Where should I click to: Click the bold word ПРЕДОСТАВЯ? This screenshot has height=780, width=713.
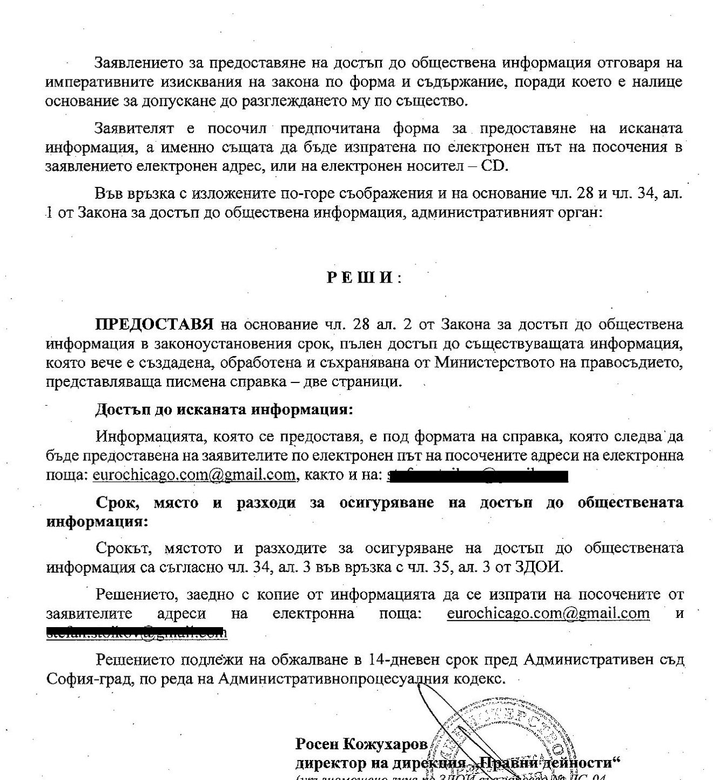pyautogui.click(x=154, y=325)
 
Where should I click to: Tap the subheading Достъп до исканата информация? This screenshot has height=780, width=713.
pyautogui.click(x=224, y=409)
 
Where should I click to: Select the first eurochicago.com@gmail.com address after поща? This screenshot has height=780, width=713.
pyautogui.click(x=194, y=475)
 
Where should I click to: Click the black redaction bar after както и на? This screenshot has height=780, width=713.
pyautogui.click(x=477, y=476)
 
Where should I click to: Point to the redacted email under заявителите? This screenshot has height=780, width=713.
pyautogui.click(x=136, y=632)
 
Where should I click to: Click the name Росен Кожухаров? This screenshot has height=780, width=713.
pyautogui.click(x=361, y=744)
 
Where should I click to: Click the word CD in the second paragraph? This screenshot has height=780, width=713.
pyautogui.click(x=494, y=165)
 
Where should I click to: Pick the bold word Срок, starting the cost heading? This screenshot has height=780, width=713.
pyautogui.click(x=118, y=502)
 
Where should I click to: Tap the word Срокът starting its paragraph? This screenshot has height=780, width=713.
pyautogui.click(x=122, y=548)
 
